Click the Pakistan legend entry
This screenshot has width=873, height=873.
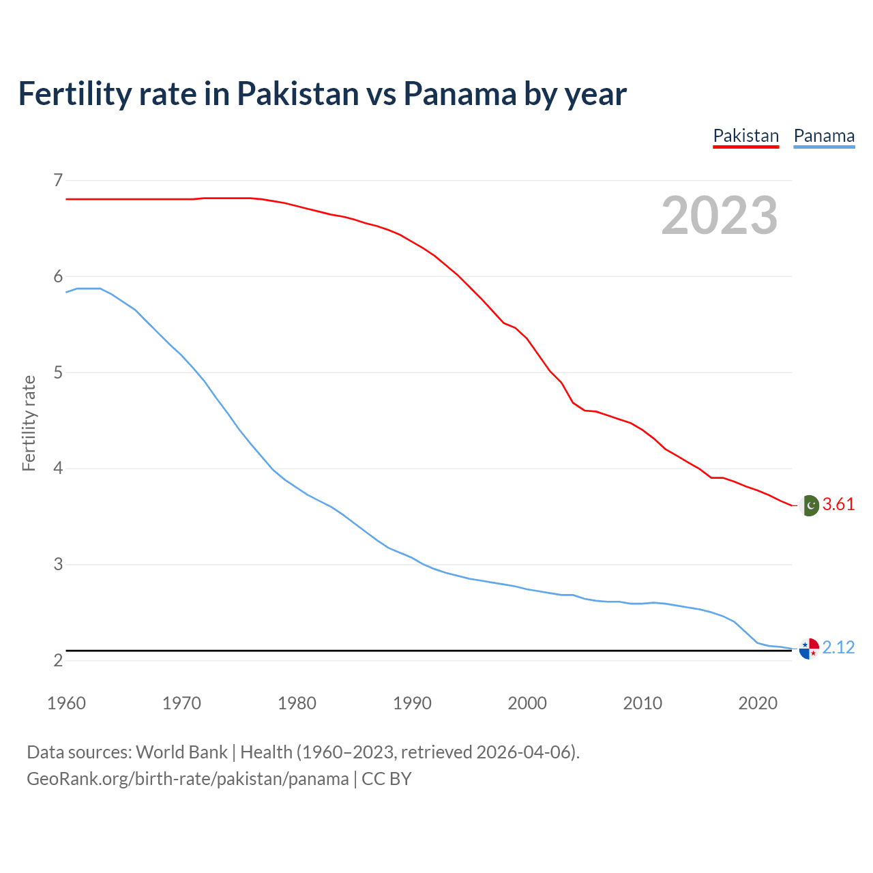(x=745, y=136)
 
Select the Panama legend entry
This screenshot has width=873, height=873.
(x=824, y=136)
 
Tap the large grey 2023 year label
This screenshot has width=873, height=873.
(x=719, y=216)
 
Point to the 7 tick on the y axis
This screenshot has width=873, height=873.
(x=58, y=180)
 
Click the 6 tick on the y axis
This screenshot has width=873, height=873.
(x=58, y=276)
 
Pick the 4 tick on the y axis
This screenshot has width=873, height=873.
(x=58, y=469)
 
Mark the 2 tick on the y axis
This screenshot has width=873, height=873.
(x=58, y=660)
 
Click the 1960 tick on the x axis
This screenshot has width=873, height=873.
(x=66, y=703)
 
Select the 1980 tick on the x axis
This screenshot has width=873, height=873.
(x=297, y=703)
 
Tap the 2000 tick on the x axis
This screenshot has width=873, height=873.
(x=527, y=703)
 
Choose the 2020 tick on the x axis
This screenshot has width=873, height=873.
(x=758, y=703)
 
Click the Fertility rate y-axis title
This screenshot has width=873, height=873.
(x=29, y=423)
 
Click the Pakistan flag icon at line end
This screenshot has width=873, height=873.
(x=809, y=505)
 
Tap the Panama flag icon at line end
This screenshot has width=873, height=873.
(x=809, y=649)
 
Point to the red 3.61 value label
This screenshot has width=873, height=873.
(x=838, y=505)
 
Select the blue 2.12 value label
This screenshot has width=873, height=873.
(x=838, y=647)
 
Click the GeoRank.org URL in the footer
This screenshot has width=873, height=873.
(x=188, y=779)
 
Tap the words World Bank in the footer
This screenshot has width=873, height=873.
(x=181, y=752)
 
